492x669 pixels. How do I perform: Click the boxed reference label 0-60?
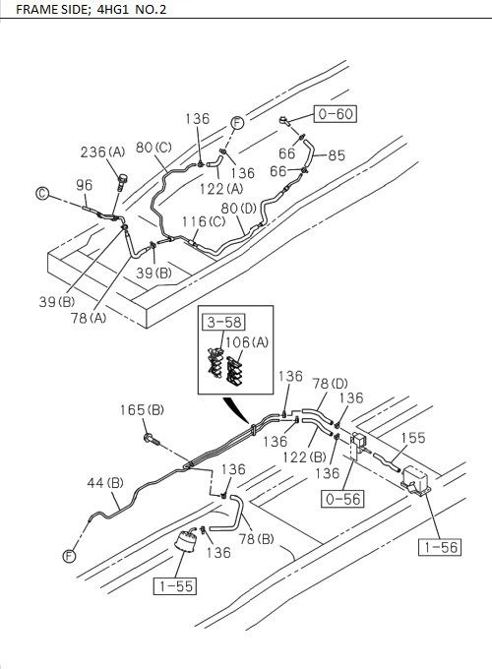coord(335,114)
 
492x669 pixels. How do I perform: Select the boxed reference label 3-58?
coord(223,321)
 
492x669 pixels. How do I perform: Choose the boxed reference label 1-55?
coord(173,587)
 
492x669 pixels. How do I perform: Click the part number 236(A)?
coord(102,152)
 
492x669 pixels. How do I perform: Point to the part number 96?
coord(85,185)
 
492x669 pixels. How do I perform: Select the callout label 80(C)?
coord(154,148)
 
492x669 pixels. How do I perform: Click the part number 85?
coord(337,154)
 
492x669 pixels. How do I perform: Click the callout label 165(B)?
coord(143,409)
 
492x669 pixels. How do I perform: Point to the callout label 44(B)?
coord(103,482)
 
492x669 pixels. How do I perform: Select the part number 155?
coord(414,440)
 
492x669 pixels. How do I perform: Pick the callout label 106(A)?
coord(247,341)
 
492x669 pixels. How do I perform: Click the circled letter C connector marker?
coord(42,195)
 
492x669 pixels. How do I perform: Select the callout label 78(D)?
coord(330,383)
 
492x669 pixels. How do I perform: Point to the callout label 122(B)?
coord(306,456)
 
